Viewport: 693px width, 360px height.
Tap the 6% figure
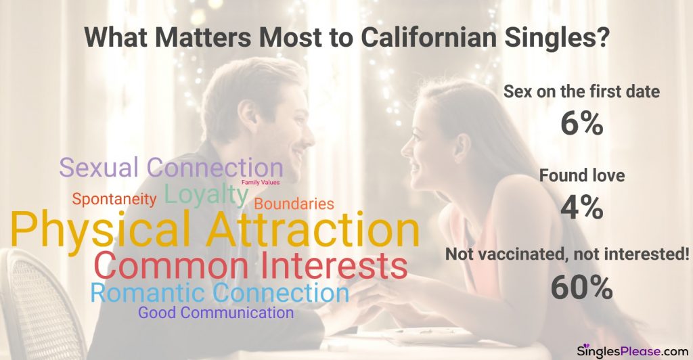pyautogui.click(x=581, y=123)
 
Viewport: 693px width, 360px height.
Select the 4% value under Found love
pyautogui.click(x=581, y=207)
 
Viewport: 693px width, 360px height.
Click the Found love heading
pyautogui.click(x=581, y=175)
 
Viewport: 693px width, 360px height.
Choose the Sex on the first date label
pyautogui.click(x=581, y=91)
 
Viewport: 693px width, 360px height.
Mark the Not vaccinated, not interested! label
pyautogui.click(x=567, y=254)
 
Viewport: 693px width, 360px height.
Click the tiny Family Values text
pyautogui.click(x=261, y=183)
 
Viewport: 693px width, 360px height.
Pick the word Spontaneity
pyautogui.click(x=114, y=199)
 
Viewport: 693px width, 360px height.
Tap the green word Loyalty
pyautogui.click(x=207, y=194)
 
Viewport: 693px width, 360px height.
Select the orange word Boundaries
pyautogui.click(x=294, y=204)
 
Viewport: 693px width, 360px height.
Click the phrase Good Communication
pyautogui.click(x=216, y=313)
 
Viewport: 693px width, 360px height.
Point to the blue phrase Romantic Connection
pyautogui.click(x=220, y=292)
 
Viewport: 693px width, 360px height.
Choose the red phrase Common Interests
pyautogui.click(x=251, y=265)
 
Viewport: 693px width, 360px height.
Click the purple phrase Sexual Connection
pyautogui.click(x=171, y=168)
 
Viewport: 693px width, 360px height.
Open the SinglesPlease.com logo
pyautogui.click(x=633, y=351)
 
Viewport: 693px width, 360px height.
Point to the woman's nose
pyautogui.click(x=406, y=147)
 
